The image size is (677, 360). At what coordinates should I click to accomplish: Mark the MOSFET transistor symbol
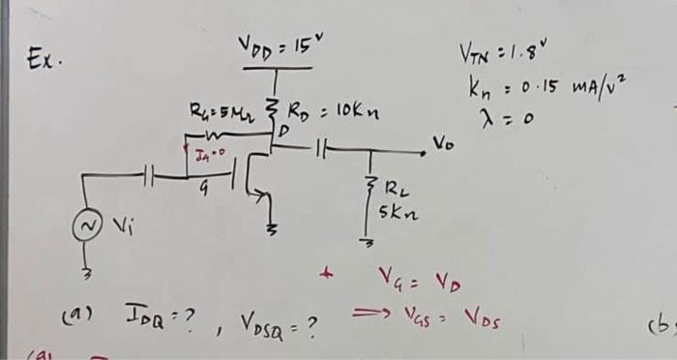tap(253, 180)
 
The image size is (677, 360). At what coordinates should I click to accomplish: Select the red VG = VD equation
tap(417, 282)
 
